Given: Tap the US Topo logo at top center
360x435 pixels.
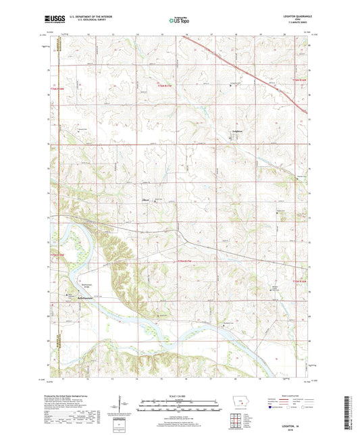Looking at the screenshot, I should tap(178, 22).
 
